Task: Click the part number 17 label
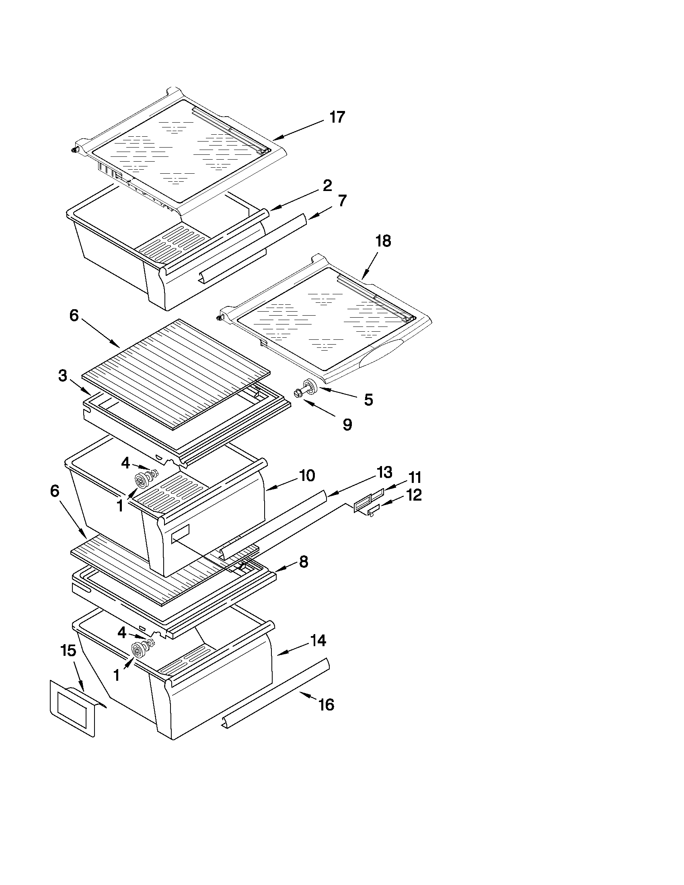pyautogui.click(x=337, y=117)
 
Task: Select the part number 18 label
pyautogui.click(x=383, y=241)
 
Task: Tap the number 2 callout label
pyautogui.click(x=327, y=186)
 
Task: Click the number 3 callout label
pyautogui.click(x=63, y=376)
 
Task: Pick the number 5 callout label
pyautogui.click(x=368, y=400)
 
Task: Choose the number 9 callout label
pyautogui.click(x=347, y=424)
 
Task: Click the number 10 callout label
pyautogui.click(x=307, y=475)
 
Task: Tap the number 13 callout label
pyautogui.click(x=384, y=472)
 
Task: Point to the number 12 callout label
pyautogui.click(x=414, y=495)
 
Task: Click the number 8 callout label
pyautogui.click(x=303, y=562)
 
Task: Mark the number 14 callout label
pyautogui.click(x=318, y=641)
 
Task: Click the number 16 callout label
pyautogui.click(x=326, y=705)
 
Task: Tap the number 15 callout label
pyautogui.click(x=68, y=651)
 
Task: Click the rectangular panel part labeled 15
pyautogui.click(x=73, y=708)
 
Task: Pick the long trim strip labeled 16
pyautogui.click(x=275, y=692)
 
